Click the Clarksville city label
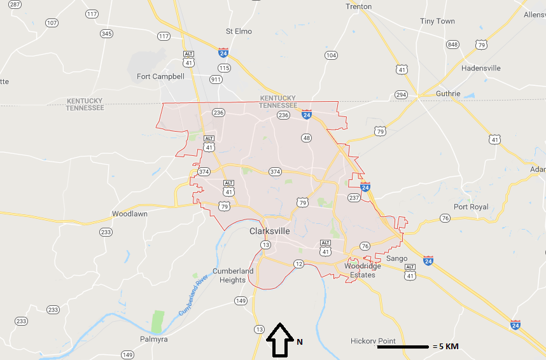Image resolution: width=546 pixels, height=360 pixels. coord(269,231)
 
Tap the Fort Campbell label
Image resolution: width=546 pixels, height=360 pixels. coord(160,76)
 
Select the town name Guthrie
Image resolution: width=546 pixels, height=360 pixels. coord(447,93)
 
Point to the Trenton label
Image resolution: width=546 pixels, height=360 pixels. coord(358,6)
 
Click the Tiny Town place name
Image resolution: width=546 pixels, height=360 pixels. coord(437,21)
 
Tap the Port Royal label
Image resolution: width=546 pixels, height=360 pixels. coord(471,207)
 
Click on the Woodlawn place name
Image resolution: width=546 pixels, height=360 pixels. coord(130,214)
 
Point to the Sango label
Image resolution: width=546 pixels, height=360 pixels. coord(396,258)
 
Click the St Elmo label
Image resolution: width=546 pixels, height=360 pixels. coord(239,31)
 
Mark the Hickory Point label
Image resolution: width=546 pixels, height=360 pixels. coord(373,342)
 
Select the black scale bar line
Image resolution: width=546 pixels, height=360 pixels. coord(403,347)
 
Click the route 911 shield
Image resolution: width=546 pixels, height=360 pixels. coord(217,80)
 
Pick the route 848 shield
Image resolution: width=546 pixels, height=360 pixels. coord(452,44)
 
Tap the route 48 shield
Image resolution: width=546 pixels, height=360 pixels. coord(307,137)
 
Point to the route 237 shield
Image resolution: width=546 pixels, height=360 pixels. coord(354,198)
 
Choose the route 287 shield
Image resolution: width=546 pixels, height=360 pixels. coord(15,4)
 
